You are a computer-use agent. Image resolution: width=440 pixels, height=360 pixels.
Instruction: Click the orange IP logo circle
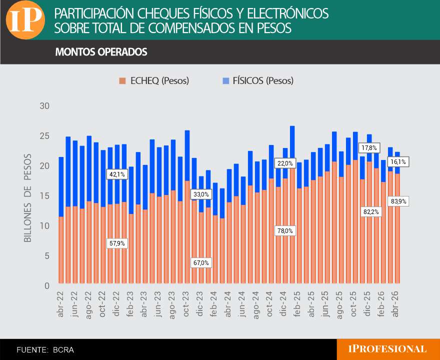(x=25, y=19)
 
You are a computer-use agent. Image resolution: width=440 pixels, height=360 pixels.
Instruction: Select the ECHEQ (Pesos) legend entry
(x=154, y=81)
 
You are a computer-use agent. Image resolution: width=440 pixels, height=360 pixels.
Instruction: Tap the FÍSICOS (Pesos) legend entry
(x=258, y=81)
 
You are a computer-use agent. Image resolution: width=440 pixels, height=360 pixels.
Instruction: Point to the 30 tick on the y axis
(x=44, y=106)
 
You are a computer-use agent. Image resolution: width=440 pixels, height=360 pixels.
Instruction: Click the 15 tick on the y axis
(x=44, y=196)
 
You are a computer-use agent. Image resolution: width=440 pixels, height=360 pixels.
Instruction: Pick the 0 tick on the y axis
(x=47, y=285)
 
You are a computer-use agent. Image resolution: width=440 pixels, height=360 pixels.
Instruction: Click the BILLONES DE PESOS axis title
(x=28, y=198)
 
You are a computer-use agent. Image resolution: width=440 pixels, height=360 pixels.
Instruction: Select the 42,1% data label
(x=117, y=174)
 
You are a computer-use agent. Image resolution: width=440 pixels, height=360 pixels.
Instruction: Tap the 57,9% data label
(x=117, y=243)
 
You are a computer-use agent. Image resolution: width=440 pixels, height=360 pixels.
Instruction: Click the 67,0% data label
(x=201, y=263)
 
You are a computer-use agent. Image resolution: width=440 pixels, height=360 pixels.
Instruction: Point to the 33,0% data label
(x=201, y=194)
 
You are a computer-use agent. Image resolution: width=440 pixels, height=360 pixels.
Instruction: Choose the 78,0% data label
(x=285, y=231)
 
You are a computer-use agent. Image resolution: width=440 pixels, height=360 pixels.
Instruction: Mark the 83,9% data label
(x=398, y=201)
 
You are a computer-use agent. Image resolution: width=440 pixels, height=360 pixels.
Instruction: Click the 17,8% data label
(x=369, y=148)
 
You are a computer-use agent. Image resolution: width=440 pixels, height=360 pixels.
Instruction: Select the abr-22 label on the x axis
(x=60, y=304)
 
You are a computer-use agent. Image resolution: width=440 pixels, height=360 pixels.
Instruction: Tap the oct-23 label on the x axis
(x=186, y=304)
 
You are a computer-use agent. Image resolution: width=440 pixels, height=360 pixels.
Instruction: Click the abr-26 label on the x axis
(x=395, y=304)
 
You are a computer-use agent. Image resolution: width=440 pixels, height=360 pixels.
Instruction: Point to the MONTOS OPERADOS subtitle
(x=101, y=52)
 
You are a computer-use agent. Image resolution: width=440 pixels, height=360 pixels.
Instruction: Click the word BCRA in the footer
(x=63, y=350)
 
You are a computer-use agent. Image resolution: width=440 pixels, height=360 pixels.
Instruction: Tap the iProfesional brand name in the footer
(x=387, y=349)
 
